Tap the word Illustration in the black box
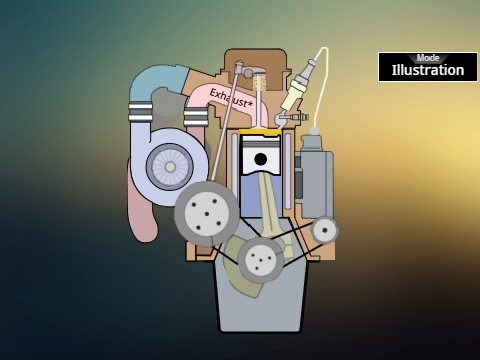(x=428, y=70)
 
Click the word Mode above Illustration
(x=428, y=58)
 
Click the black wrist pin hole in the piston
(x=260, y=159)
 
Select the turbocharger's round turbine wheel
(x=170, y=166)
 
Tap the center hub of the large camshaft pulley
(x=207, y=214)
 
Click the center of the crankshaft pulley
(x=260, y=259)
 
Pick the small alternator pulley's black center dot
(x=325, y=229)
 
